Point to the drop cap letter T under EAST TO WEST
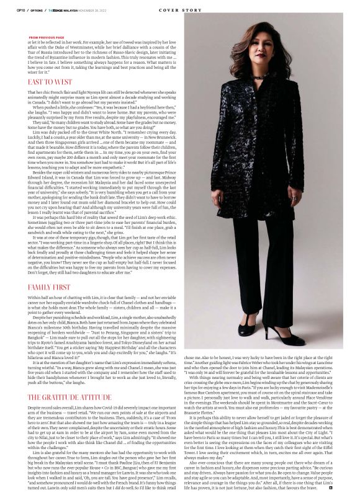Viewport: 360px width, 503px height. (29, 91)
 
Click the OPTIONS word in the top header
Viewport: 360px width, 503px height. (37, 8)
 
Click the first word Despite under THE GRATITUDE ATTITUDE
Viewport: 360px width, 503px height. (37, 391)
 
